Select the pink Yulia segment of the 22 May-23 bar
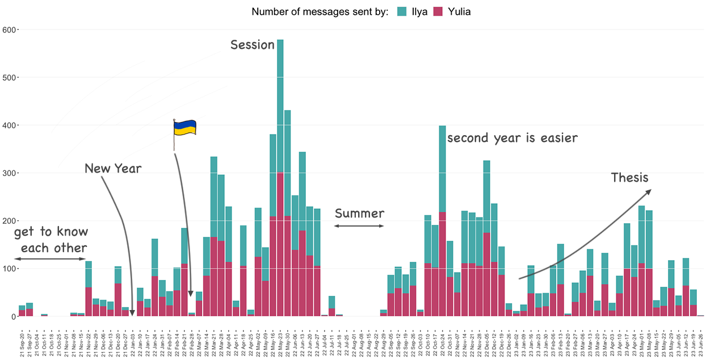(x=280, y=244)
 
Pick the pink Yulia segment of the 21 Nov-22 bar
(x=88, y=302)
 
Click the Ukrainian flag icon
(x=185, y=127)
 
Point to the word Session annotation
(x=252, y=45)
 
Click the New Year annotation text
(x=113, y=168)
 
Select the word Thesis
(x=629, y=178)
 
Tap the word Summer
(x=359, y=214)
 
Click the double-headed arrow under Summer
(x=359, y=226)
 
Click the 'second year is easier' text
(x=512, y=138)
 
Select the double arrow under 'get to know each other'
(x=50, y=259)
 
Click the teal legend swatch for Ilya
(x=402, y=11)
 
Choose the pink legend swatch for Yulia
(x=438, y=11)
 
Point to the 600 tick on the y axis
(x=9, y=30)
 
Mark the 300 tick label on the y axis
(x=9, y=173)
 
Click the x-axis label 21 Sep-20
(x=22, y=342)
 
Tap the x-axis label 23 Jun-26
(x=700, y=342)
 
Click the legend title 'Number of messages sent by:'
(x=320, y=11)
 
